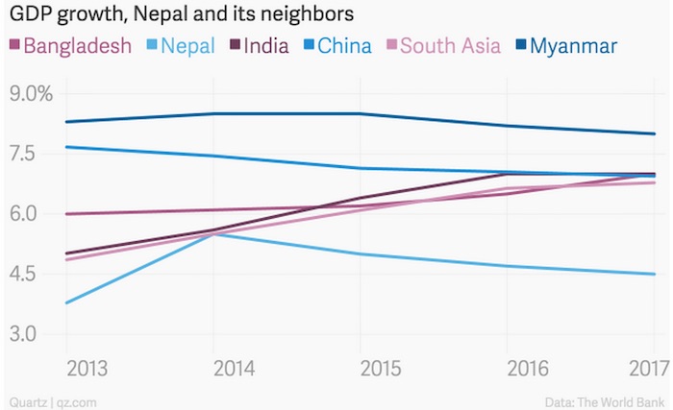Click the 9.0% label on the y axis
pyautogui.click(x=31, y=95)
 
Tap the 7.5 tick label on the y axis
pyautogui.click(x=26, y=155)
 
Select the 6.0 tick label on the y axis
pyautogui.click(x=26, y=214)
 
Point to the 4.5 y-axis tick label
pyautogui.click(x=26, y=275)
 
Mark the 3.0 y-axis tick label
pyautogui.click(x=26, y=334)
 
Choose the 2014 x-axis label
pyautogui.click(x=213, y=370)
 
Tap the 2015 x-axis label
pyautogui.click(x=361, y=370)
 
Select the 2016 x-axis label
pyautogui.click(x=508, y=370)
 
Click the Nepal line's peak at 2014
pyautogui.click(x=213, y=232)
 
